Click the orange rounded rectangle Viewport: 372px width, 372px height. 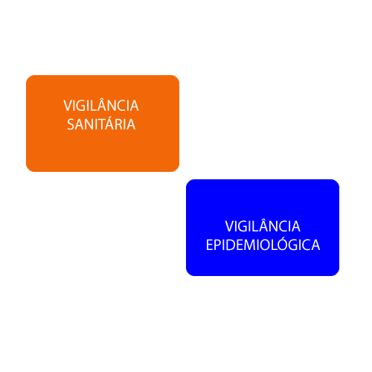[103, 124]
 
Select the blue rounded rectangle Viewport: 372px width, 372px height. [263, 228]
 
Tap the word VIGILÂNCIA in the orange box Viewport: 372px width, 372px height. [101, 104]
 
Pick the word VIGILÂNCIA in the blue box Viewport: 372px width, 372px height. [263, 225]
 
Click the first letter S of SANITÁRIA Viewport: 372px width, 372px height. [71, 124]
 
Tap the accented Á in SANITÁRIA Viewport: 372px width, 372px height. [112, 123]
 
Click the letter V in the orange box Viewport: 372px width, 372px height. [68, 106]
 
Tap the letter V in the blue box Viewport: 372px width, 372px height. [230, 227]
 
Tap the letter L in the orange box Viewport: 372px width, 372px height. [95, 106]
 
